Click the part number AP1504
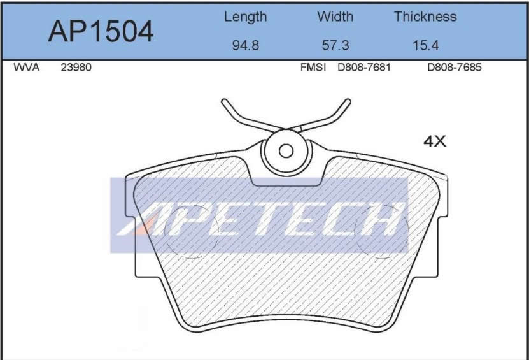coord(100,30)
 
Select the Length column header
coord(245,17)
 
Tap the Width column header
coord(335,17)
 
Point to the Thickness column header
coord(425,17)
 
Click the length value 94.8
coord(245,46)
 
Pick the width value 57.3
coord(335,46)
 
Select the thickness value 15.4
coord(425,46)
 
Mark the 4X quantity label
coord(435,141)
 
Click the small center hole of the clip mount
coord(286,151)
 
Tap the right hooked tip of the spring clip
coord(347,103)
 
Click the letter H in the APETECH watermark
coord(380,220)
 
